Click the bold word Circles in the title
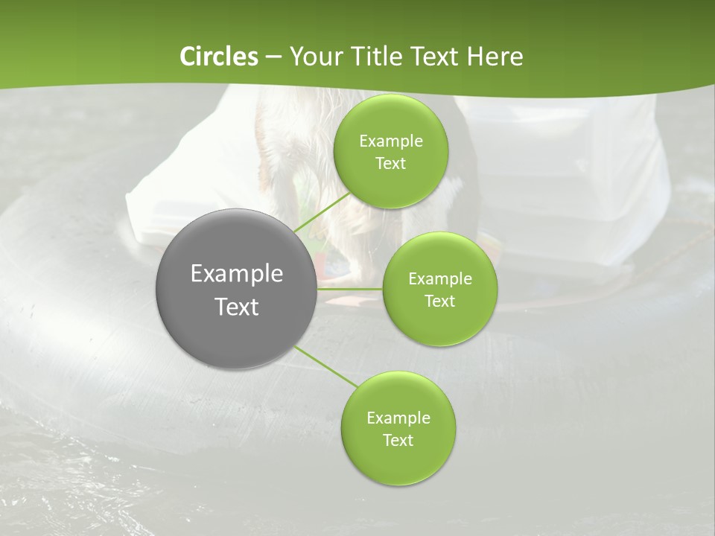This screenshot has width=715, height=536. tap(218, 57)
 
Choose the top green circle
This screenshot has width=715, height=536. tap(390, 186)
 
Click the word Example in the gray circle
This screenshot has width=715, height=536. tap(237, 274)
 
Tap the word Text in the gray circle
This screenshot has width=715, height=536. tap(237, 307)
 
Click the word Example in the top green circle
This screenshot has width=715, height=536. tap(390, 141)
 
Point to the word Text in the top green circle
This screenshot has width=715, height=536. tap(390, 164)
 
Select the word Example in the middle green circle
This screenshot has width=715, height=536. tap(439, 279)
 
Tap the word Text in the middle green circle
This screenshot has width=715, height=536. tap(439, 301)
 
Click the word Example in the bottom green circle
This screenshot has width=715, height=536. tap(398, 418)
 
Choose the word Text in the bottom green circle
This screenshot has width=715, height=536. tap(398, 441)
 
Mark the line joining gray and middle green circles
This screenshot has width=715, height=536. tap(350, 289)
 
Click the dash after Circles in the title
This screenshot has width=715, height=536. tap(273, 57)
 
